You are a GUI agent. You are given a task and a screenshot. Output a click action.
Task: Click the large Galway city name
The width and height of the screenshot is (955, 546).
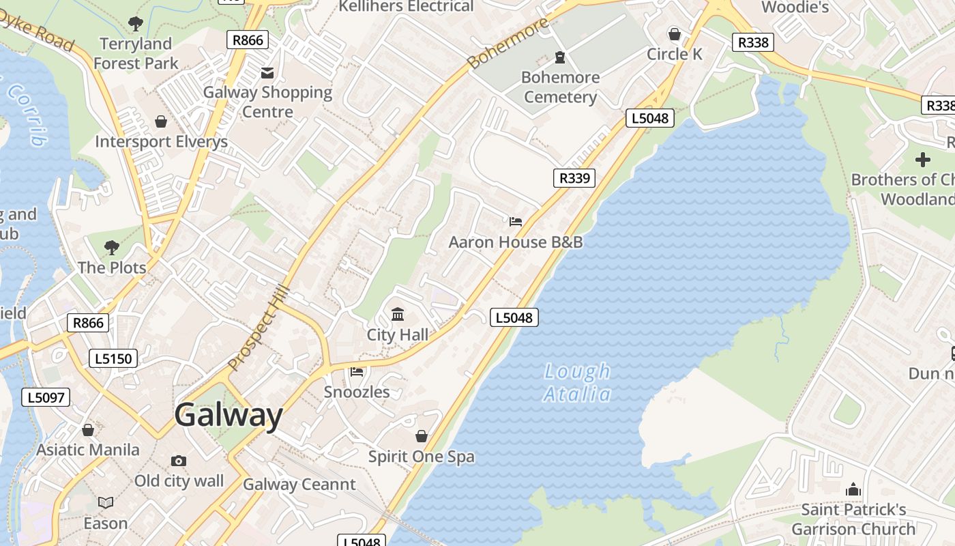[x=228, y=415]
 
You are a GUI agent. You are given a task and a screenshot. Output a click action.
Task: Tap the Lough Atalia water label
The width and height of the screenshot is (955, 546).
[x=577, y=382]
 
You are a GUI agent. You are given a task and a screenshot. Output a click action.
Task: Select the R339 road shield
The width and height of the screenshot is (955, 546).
[x=574, y=178]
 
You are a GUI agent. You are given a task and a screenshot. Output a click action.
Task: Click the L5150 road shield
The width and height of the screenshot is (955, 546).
[x=113, y=358]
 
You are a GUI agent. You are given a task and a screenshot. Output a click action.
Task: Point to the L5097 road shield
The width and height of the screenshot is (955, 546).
[x=46, y=397]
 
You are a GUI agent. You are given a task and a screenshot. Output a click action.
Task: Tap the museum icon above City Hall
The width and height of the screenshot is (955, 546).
[x=398, y=315]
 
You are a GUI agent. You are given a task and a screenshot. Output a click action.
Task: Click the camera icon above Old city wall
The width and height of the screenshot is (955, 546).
[x=179, y=461]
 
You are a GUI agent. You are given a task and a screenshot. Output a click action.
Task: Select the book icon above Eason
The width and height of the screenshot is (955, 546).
[x=106, y=503]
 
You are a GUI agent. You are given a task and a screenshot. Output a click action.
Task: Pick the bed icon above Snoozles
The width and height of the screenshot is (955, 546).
[x=357, y=372]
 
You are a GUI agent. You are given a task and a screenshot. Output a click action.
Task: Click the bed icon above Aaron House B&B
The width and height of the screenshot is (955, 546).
[x=516, y=222]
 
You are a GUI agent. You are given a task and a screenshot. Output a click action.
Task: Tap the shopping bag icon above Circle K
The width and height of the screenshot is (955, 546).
[x=674, y=34]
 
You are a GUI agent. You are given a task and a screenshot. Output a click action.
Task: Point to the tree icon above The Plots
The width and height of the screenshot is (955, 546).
[x=112, y=247]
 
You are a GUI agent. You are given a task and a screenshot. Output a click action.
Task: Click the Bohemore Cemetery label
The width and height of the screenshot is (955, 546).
[x=560, y=87]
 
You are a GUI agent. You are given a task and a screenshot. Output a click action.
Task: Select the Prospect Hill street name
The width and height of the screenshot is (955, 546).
[x=259, y=328]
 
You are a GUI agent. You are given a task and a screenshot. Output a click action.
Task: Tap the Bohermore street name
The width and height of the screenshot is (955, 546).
[x=508, y=43]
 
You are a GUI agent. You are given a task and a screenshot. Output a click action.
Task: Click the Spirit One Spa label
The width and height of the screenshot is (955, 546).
[x=421, y=457]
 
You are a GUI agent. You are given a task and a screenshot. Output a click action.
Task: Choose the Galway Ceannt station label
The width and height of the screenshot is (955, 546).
[x=299, y=485]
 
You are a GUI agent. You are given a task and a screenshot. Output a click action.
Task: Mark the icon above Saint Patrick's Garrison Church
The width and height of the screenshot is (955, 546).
[x=853, y=489]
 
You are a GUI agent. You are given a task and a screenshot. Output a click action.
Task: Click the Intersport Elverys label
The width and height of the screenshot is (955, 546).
[x=161, y=142]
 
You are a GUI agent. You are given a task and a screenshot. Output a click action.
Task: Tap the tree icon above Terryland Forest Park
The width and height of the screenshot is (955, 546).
[x=136, y=24]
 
